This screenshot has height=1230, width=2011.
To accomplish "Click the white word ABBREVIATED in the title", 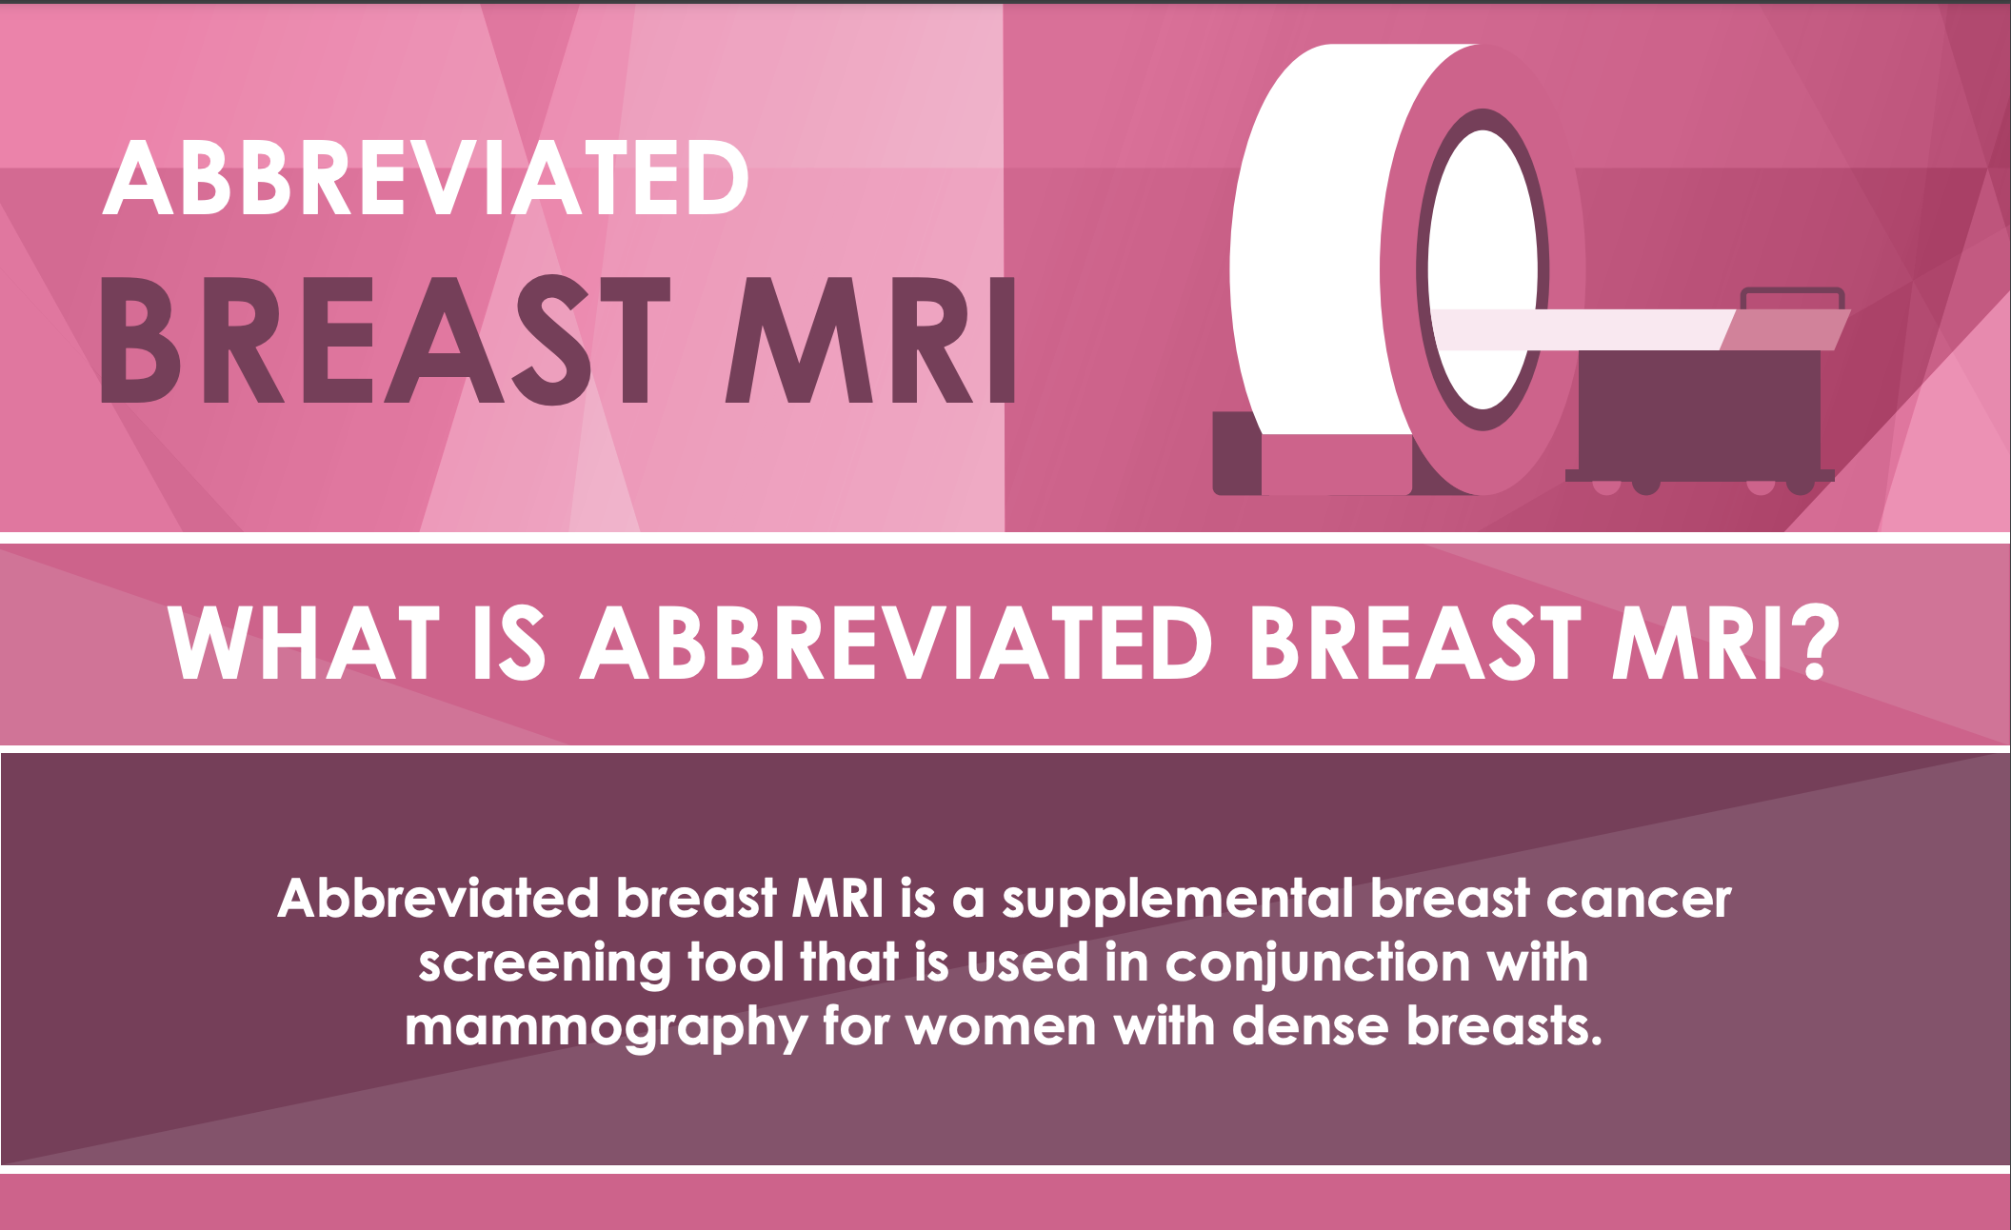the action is [x=426, y=178].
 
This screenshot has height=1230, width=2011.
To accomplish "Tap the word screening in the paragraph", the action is [x=545, y=964].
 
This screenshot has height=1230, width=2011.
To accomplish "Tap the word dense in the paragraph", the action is [x=1310, y=1026].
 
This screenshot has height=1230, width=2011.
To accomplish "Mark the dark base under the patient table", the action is [x=1701, y=409].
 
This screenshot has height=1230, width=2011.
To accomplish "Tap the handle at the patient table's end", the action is [x=1792, y=297].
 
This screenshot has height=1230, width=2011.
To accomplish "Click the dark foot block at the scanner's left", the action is [x=1237, y=453].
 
